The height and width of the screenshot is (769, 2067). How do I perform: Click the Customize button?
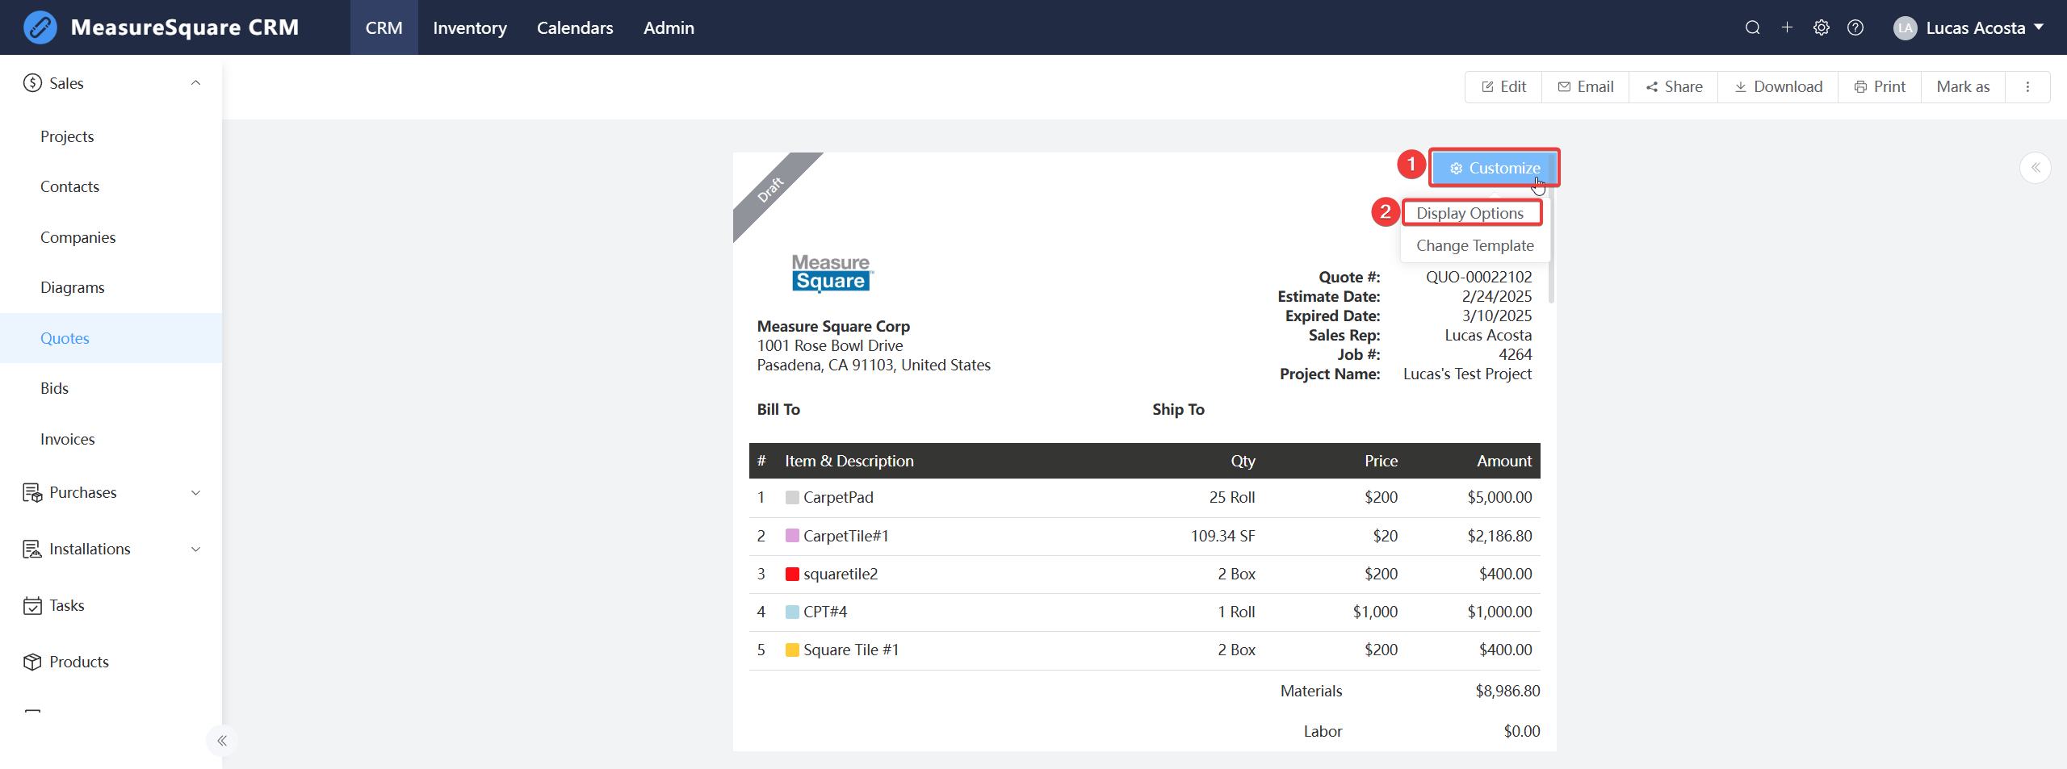tap(1495, 168)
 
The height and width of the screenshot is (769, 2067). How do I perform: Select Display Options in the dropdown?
tap(1470, 213)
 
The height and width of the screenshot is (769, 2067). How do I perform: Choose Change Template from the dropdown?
tap(1474, 245)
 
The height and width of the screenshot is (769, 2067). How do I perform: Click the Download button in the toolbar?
tap(1778, 86)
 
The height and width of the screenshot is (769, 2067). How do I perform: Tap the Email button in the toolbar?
tap(1586, 86)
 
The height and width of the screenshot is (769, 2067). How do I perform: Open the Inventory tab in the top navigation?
tap(469, 27)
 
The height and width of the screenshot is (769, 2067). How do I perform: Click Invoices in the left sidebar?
tap(68, 439)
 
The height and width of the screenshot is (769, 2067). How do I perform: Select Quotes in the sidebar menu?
tap(65, 338)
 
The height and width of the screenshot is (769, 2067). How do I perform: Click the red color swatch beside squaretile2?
tap(792, 574)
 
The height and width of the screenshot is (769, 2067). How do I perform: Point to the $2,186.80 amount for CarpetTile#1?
tap(1499, 536)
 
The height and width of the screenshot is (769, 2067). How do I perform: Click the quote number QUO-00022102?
tap(1478, 277)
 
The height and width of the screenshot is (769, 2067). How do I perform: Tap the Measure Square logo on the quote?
tap(832, 273)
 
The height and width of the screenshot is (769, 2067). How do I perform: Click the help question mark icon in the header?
tap(1855, 27)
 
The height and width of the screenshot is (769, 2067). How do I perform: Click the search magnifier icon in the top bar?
tap(1752, 27)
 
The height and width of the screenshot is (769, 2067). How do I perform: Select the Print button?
tap(1880, 86)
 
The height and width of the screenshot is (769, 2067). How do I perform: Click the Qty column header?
tap(1243, 461)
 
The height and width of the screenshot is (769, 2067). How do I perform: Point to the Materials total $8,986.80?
tap(1507, 691)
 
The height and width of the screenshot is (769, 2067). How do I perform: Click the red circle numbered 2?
tap(1386, 211)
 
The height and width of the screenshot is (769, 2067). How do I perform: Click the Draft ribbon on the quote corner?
tap(770, 190)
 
